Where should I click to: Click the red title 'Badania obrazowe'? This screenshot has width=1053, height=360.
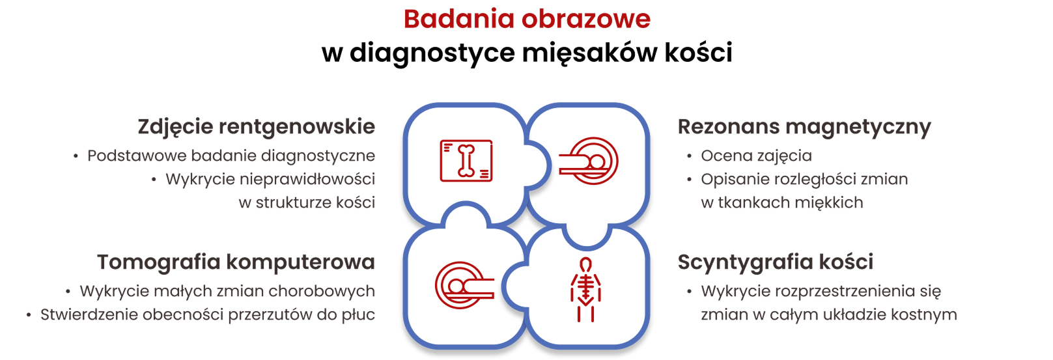coord(527,19)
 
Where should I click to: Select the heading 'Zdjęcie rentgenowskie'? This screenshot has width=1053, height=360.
coord(256,126)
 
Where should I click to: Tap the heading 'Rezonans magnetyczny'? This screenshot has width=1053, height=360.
coord(804,126)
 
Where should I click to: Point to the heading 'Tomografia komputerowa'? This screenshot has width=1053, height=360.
coord(236,262)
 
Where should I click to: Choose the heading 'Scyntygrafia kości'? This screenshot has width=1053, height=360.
coord(775,262)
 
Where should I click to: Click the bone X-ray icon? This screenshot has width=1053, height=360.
coord(466,161)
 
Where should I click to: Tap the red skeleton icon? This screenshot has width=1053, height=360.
coord(586,290)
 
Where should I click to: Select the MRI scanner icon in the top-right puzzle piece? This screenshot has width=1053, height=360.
coord(589,161)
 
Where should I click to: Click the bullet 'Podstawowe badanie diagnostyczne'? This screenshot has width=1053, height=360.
coord(231,156)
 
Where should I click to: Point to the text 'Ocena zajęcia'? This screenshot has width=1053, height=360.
coord(756,156)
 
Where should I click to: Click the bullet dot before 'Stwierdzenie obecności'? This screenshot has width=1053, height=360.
coord(29,316)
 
